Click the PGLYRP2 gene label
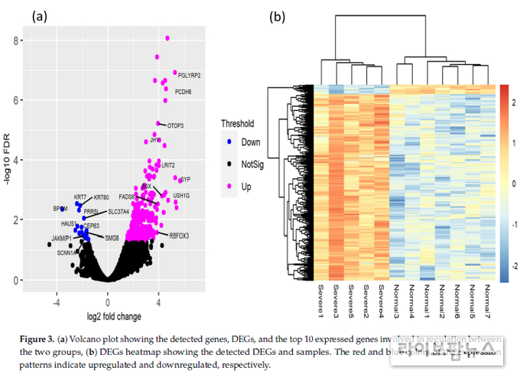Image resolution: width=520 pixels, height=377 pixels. pos(189,76)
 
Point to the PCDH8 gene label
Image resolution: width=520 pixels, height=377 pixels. pos(184,92)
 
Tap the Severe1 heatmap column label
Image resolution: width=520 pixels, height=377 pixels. pos(320,300)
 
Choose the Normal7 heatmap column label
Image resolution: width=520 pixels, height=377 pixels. pos(487,301)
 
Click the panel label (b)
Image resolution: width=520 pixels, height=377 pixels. pos(277,16)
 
